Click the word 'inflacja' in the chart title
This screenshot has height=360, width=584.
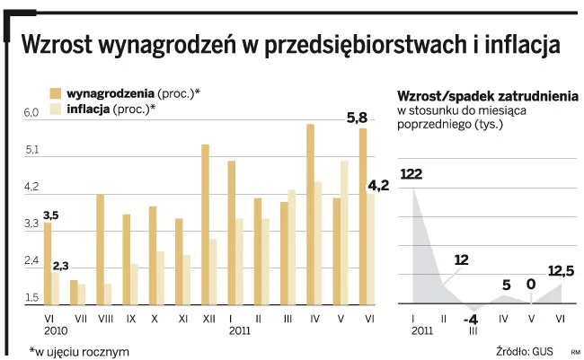click(x=509, y=45)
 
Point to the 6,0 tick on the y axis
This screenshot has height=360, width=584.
click(x=31, y=113)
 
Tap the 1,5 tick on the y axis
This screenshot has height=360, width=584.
click(x=31, y=298)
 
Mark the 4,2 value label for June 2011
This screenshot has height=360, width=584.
click(x=378, y=186)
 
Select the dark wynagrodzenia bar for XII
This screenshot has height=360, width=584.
click(x=205, y=224)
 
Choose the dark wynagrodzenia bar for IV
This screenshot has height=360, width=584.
click(x=310, y=215)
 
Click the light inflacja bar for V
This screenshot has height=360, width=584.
click(x=344, y=233)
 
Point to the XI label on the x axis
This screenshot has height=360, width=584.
click(x=183, y=317)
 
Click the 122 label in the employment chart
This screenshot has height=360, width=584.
click(x=411, y=173)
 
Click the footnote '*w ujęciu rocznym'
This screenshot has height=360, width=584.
click(x=79, y=350)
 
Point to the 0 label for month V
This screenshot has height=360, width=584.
click(x=531, y=285)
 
